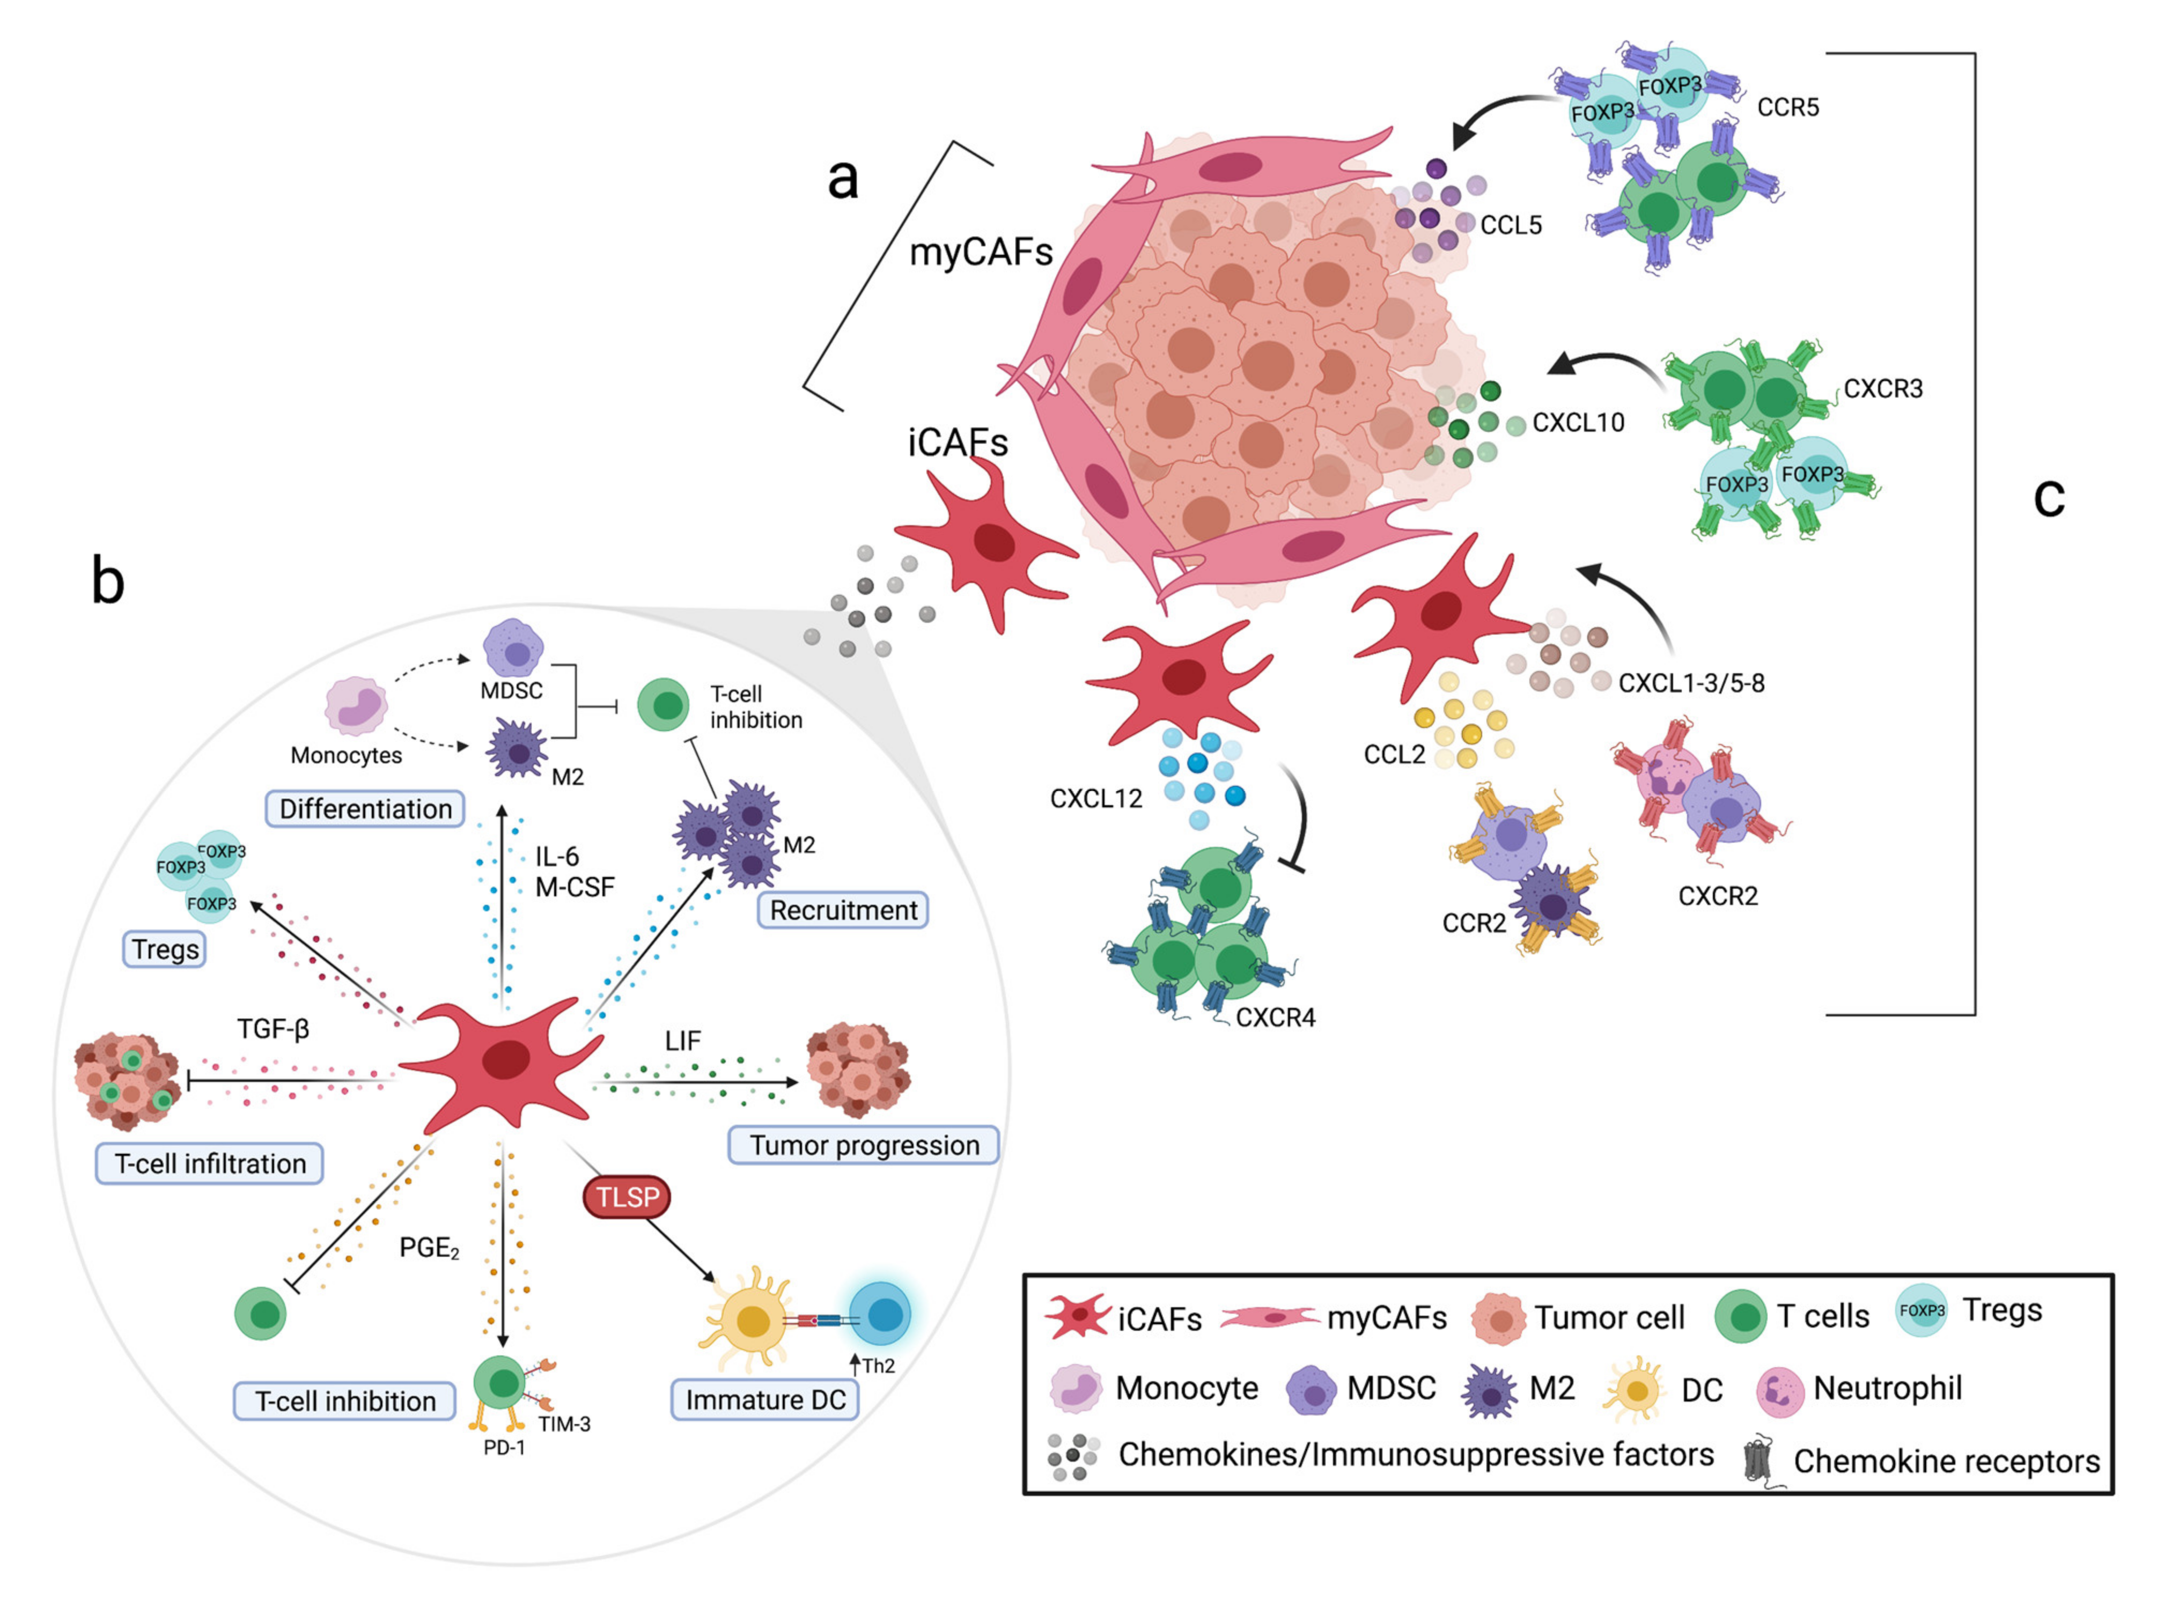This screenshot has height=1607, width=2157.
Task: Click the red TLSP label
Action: pos(627,1197)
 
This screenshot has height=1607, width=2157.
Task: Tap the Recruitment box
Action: pos(843,910)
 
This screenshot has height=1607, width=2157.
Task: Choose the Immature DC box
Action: pos(765,1400)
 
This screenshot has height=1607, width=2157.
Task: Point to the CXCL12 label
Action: pos(1095,799)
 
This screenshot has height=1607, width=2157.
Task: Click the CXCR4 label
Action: pos(1275,1018)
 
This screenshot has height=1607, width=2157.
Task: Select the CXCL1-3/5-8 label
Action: pos(1691,683)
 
